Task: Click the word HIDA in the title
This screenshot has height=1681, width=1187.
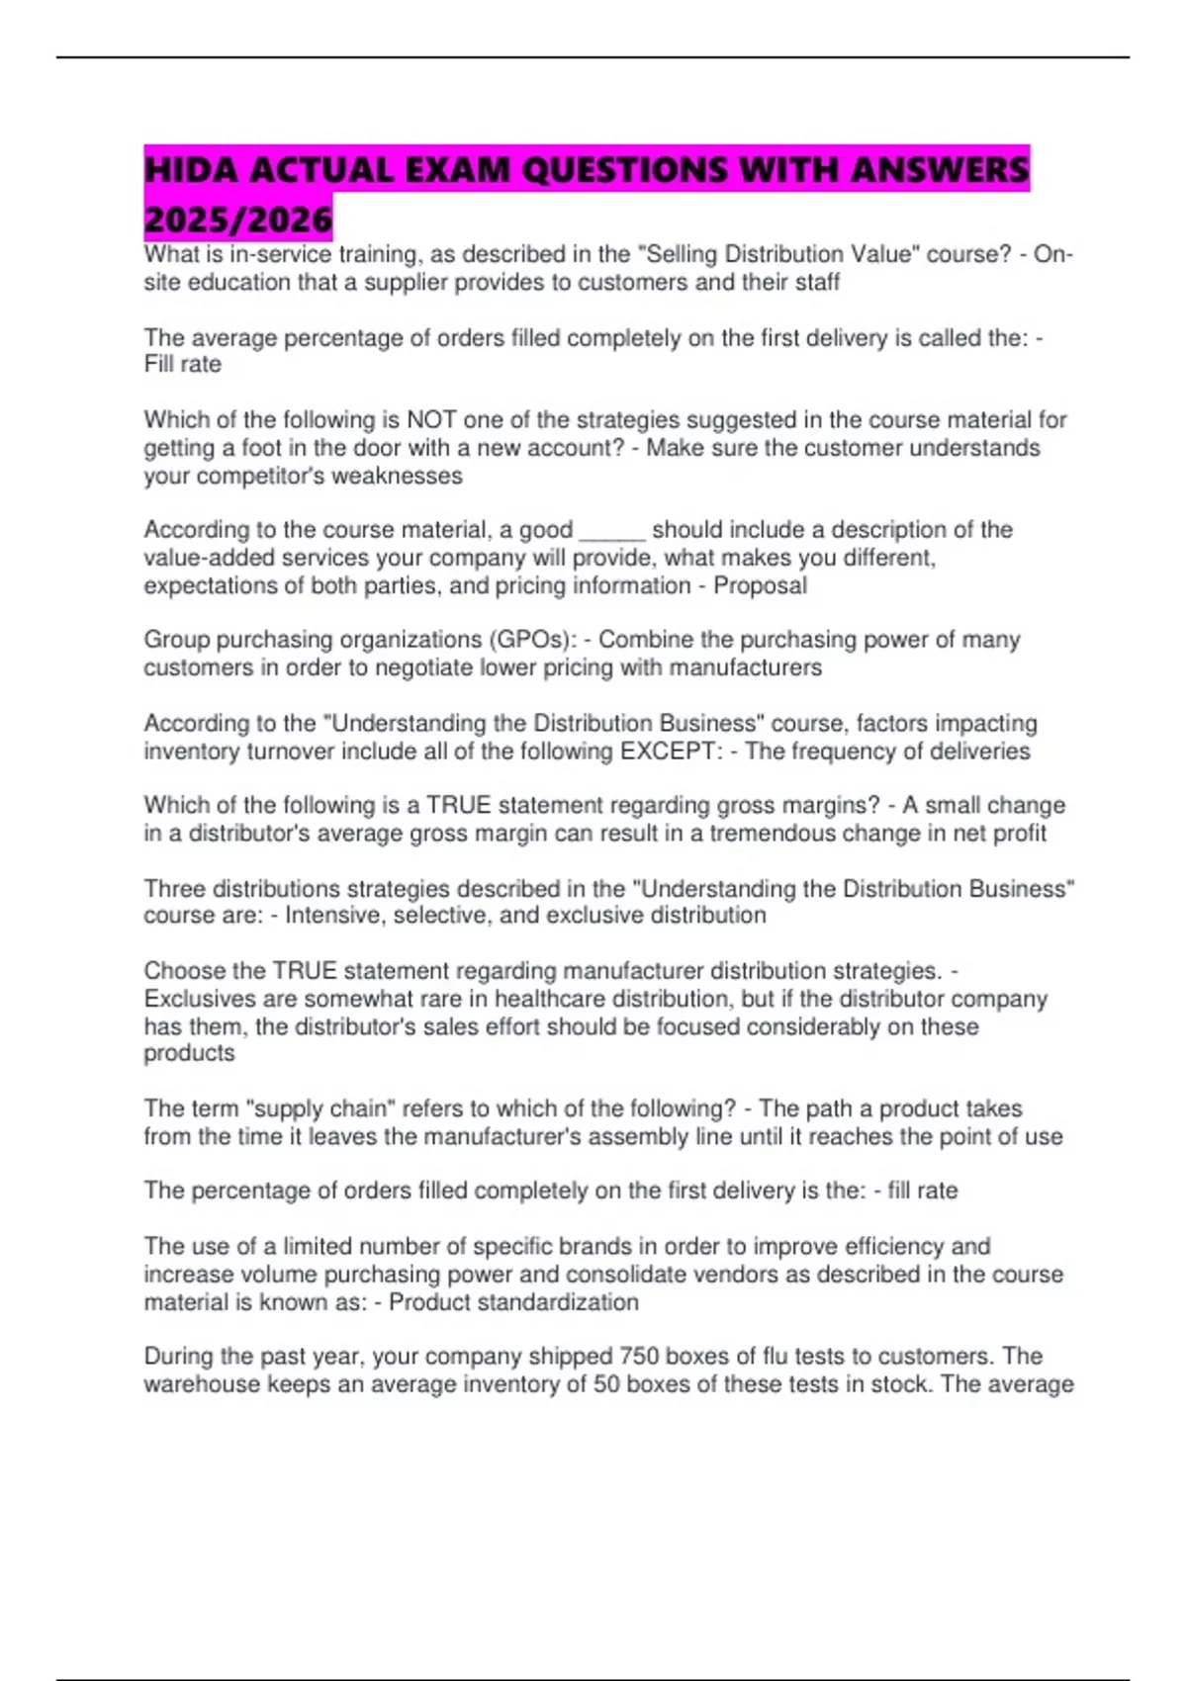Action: click(192, 170)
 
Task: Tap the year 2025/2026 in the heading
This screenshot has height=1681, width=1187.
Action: click(237, 219)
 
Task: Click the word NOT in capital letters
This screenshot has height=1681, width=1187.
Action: click(432, 420)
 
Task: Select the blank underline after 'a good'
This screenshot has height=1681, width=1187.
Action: click(612, 530)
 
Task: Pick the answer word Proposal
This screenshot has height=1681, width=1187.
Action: click(760, 585)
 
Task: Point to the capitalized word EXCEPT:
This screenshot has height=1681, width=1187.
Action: click(672, 752)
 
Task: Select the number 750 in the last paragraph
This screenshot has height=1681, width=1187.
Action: click(639, 1356)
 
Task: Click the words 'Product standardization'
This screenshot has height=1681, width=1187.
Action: click(513, 1302)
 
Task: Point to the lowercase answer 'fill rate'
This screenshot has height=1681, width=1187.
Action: click(922, 1191)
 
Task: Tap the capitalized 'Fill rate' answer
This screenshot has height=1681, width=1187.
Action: click(183, 365)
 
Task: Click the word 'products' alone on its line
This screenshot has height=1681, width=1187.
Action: click(189, 1053)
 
